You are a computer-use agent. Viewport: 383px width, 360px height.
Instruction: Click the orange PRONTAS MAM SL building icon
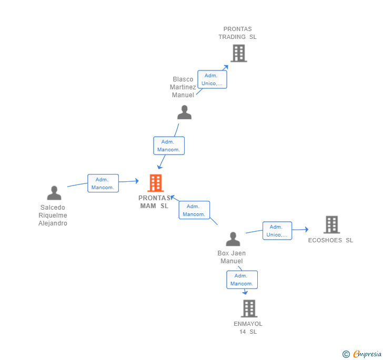156,183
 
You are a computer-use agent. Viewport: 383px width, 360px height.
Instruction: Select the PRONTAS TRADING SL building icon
238,53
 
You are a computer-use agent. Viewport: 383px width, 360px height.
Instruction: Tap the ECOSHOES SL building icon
331,224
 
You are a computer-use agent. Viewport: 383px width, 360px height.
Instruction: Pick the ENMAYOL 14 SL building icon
249,308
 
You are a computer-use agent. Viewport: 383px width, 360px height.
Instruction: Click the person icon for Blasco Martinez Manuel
184,112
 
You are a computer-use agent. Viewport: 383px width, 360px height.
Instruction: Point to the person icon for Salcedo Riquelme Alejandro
54,193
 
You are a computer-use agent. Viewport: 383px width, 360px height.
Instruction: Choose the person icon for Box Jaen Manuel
233,239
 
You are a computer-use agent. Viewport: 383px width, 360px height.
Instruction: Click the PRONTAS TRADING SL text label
238,33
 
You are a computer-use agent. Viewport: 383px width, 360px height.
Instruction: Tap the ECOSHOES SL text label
330,240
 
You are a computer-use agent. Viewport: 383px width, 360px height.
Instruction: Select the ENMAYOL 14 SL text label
248,327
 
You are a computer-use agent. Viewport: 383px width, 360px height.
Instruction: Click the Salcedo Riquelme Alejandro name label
53,215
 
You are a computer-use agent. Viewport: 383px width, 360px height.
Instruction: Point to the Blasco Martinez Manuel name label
183,87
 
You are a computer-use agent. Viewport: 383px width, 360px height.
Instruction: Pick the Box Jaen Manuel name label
231,257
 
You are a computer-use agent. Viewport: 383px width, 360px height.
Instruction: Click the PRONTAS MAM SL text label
155,202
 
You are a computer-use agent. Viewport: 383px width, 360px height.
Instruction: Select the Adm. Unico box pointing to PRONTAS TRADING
212,79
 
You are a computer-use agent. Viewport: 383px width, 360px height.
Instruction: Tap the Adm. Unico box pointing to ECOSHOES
277,231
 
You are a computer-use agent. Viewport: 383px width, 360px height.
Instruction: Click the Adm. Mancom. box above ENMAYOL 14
241,280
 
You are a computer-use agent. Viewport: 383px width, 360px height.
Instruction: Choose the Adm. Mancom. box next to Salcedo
103,183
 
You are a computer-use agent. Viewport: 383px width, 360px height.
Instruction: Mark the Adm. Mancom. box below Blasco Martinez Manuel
169,146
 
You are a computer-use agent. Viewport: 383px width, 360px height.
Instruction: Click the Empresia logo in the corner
362,354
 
